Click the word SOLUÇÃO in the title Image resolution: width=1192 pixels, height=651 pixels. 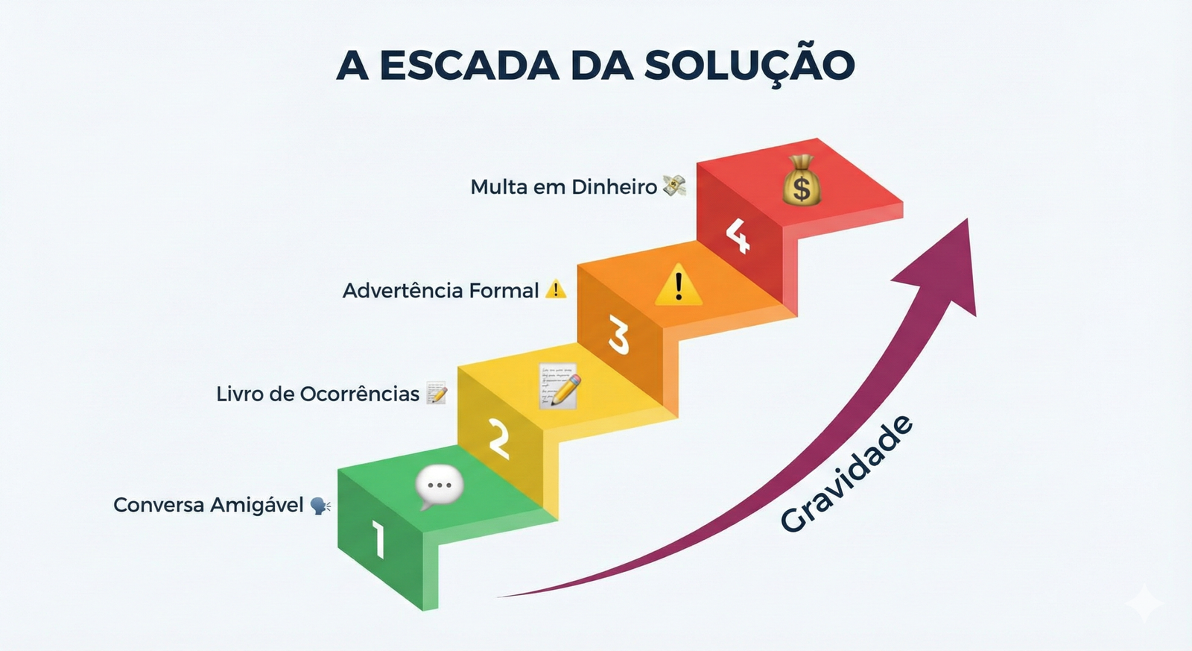pos(749,65)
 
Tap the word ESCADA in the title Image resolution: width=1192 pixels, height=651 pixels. pos(469,65)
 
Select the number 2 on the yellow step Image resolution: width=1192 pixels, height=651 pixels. pos(498,438)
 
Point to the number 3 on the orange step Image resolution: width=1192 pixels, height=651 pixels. pos(618,335)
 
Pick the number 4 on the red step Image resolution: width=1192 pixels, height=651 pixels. pos(738,235)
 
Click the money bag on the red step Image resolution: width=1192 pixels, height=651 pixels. pos(801,180)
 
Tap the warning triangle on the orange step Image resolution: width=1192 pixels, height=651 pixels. pos(678,286)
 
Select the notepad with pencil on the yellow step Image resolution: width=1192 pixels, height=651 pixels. pos(559,386)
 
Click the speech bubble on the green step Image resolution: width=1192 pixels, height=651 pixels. pos(440,487)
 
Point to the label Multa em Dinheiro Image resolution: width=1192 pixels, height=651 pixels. pos(563,186)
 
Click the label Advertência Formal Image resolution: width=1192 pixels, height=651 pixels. pos(440,290)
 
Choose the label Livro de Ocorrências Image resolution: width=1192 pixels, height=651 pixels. pos(317,394)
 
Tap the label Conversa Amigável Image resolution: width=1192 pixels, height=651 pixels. pos(209,505)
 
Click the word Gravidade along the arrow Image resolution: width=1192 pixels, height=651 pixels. pos(847,474)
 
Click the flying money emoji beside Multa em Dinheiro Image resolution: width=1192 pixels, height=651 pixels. pos(674,186)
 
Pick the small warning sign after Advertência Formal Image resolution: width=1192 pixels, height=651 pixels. pos(556,289)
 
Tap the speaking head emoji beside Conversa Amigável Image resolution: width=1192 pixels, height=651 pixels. pos(320,506)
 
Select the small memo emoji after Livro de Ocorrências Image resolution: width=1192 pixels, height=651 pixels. pos(437,393)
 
